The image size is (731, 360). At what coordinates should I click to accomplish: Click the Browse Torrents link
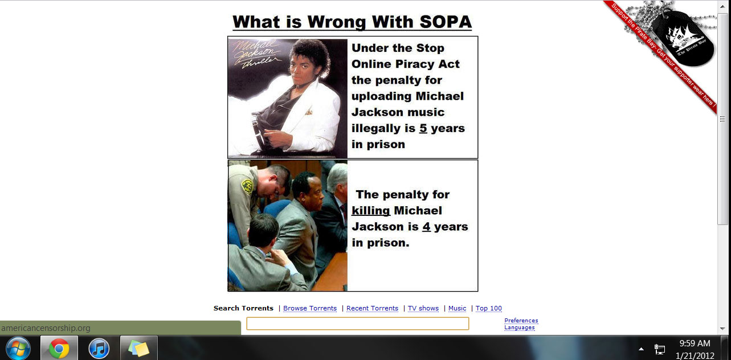tap(310, 308)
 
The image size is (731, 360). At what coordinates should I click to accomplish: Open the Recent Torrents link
tap(373, 308)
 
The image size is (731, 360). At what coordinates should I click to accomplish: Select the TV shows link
tap(423, 308)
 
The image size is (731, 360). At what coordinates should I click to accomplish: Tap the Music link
tap(457, 308)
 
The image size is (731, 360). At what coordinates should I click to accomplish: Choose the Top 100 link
tap(488, 308)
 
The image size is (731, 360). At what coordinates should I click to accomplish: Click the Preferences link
tap(521, 321)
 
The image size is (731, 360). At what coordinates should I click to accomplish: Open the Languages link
tap(520, 328)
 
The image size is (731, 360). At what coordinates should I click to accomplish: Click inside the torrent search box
tap(358, 324)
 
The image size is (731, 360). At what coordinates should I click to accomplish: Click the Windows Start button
tap(18, 348)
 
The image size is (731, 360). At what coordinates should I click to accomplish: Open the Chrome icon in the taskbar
tap(59, 348)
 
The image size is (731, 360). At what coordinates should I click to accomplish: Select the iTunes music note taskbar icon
tap(99, 348)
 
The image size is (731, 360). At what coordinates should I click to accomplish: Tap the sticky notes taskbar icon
tap(138, 348)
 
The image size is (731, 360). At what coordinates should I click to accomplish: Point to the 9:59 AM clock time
tap(695, 343)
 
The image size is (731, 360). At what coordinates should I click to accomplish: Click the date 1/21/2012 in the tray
tap(695, 355)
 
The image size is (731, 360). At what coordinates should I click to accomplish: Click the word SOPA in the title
tap(446, 22)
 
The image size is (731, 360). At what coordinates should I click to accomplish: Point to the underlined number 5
tap(423, 128)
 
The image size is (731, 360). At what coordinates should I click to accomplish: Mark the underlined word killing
tap(371, 211)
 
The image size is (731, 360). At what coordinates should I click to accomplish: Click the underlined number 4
tap(427, 227)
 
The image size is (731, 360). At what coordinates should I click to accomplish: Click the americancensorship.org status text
tap(46, 328)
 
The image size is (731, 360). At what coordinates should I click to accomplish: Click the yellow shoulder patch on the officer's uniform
tap(247, 186)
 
